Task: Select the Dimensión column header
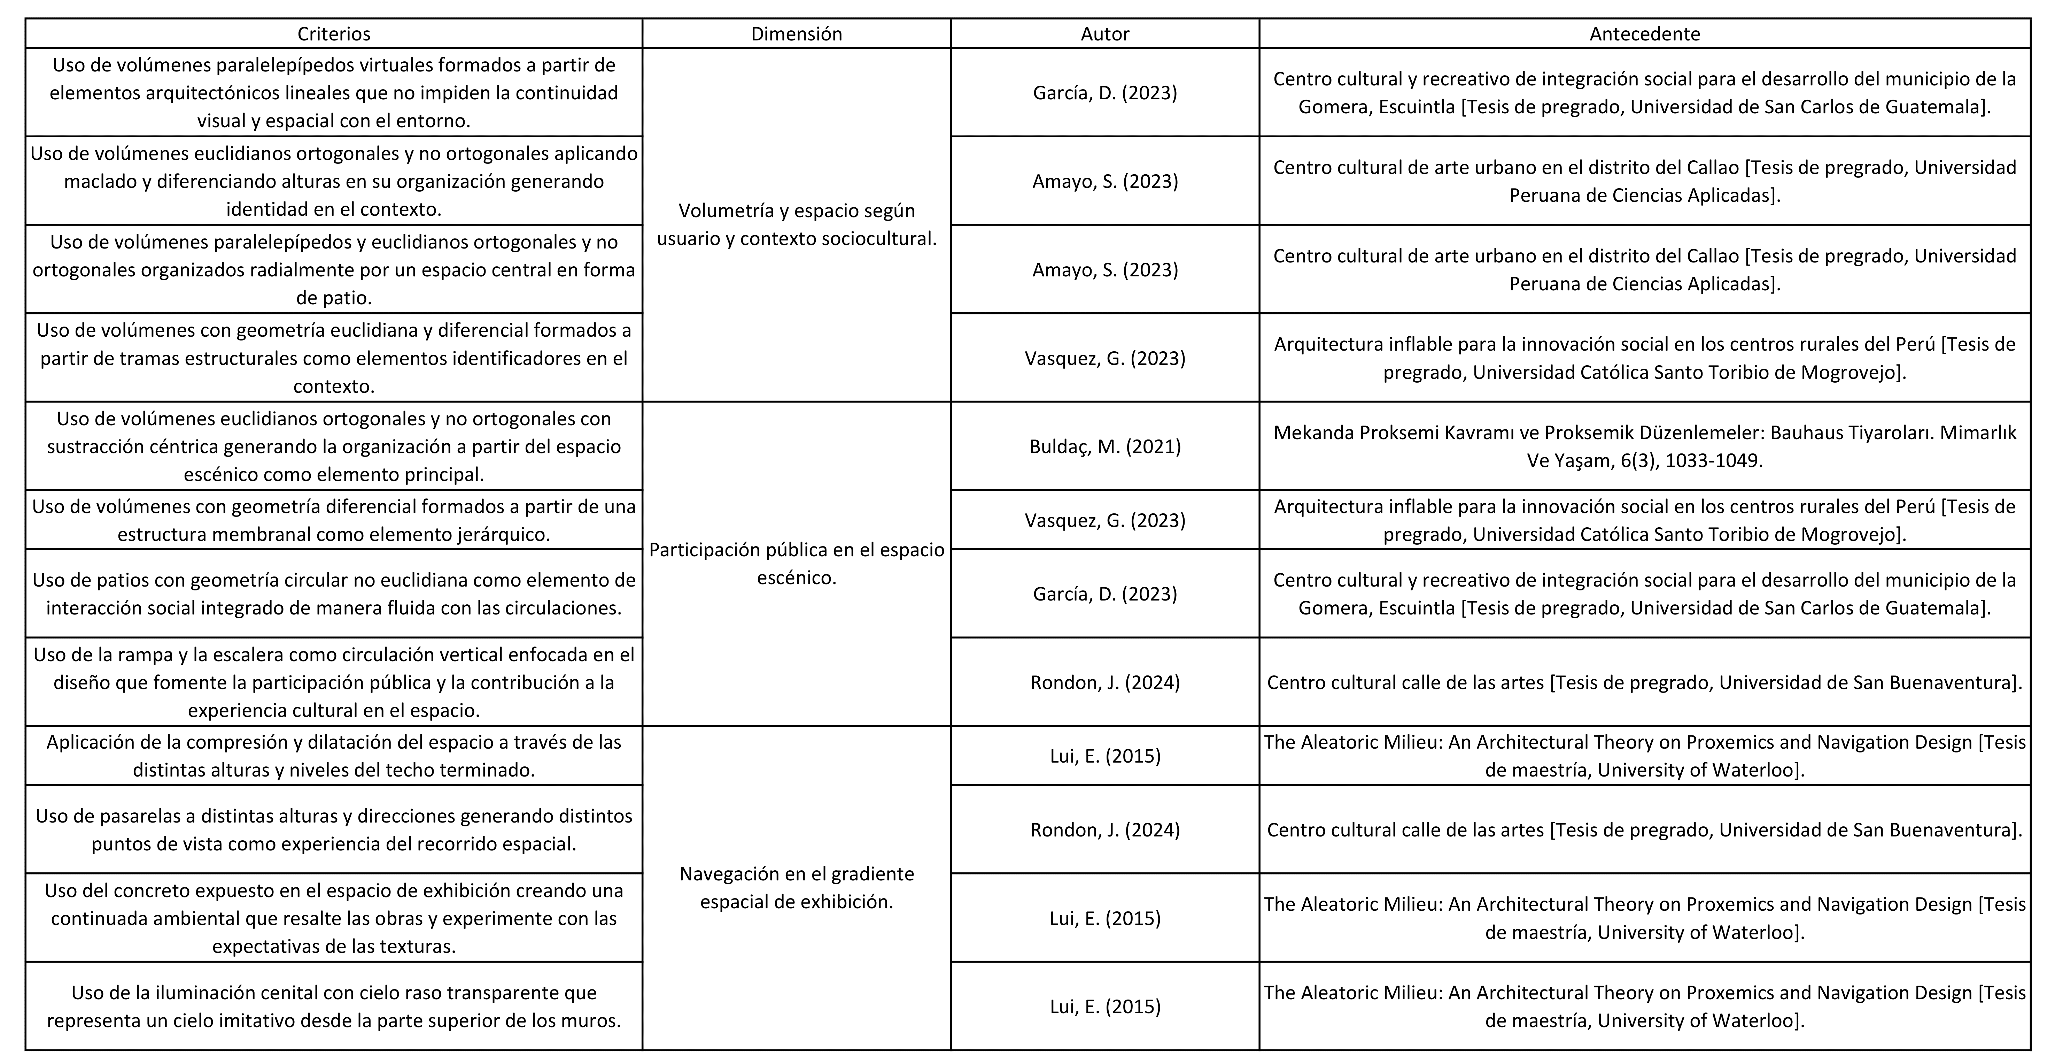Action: [796, 33]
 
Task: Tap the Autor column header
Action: [1105, 33]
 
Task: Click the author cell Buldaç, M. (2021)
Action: [1105, 446]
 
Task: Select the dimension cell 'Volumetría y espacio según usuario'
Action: [796, 224]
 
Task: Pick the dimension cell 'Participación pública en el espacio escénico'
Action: [796, 564]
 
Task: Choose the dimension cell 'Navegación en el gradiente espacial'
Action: [796, 887]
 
